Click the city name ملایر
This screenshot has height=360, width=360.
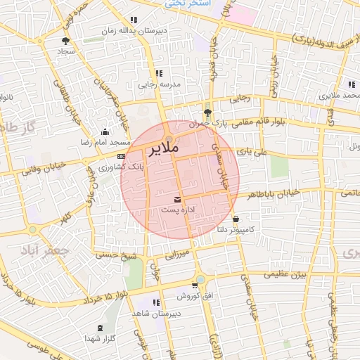(x=164, y=150)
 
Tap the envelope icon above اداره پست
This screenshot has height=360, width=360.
(x=176, y=200)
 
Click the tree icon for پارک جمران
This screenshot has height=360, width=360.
(x=207, y=112)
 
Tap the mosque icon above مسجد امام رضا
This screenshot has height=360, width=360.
(x=105, y=131)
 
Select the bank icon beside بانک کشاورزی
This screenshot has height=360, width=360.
(x=122, y=156)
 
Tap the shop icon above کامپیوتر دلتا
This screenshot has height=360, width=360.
(x=235, y=219)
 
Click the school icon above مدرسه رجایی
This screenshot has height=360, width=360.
(x=158, y=73)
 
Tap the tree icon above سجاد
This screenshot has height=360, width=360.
(x=66, y=41)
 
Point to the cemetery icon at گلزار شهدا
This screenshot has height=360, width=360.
(x=99, y=328)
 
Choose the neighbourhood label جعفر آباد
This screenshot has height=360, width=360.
(x=45, y=250)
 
